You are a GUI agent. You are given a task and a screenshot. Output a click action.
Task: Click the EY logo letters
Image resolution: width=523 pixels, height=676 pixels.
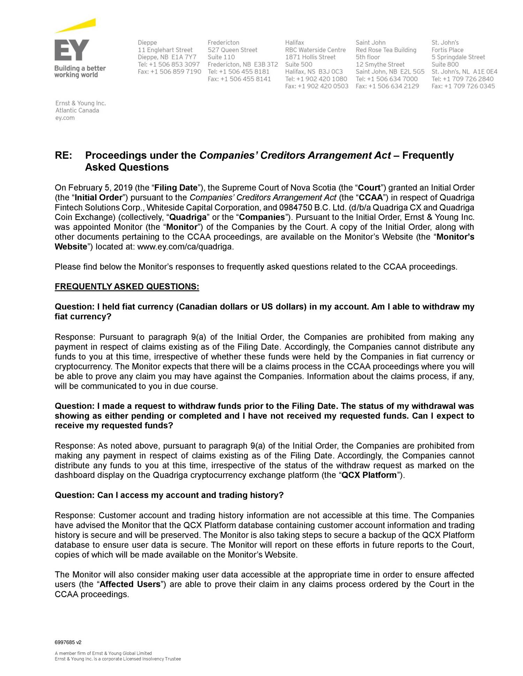click(x=72, y=50)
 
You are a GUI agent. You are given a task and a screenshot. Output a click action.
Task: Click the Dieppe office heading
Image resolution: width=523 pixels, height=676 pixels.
click(x=147, y=42)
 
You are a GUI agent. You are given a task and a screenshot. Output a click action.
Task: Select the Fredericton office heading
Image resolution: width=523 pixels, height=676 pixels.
click(x=223, y=42)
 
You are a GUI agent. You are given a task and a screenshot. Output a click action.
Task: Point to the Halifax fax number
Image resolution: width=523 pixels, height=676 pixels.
click(x=317, y=86)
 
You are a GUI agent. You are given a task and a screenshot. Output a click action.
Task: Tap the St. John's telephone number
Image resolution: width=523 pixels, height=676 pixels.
click(x=462, y=79)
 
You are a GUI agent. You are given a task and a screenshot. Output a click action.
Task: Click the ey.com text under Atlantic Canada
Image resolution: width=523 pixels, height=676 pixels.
click(x=65, y=118)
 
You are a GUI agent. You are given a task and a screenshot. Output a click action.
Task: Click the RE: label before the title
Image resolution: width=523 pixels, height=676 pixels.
click(x=63, y=155)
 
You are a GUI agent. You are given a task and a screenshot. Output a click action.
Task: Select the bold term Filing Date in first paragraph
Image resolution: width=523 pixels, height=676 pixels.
click(x=176, y=188)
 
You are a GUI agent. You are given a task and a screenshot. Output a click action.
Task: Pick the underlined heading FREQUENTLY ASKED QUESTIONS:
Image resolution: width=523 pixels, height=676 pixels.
click(x=127, y=287)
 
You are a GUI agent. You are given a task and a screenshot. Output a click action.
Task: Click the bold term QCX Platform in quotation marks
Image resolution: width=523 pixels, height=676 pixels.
click(x=369, y=475)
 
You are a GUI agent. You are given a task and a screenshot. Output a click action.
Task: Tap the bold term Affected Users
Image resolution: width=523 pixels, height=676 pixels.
click(x=130, y=584)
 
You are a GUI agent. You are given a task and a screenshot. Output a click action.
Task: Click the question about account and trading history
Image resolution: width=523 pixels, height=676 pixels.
click(x=169, y=495)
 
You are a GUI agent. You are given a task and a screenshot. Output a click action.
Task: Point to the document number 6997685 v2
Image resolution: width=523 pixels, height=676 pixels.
click(x=68, y=642)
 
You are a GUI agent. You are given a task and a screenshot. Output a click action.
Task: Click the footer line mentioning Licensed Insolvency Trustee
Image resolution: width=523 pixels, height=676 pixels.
click(x=118, y=659)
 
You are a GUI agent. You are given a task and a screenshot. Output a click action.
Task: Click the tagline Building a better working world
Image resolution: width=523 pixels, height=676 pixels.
click(x=80, y=71)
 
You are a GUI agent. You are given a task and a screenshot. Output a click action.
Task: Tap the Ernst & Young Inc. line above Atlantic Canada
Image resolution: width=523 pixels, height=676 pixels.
click(x=81, y=103)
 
